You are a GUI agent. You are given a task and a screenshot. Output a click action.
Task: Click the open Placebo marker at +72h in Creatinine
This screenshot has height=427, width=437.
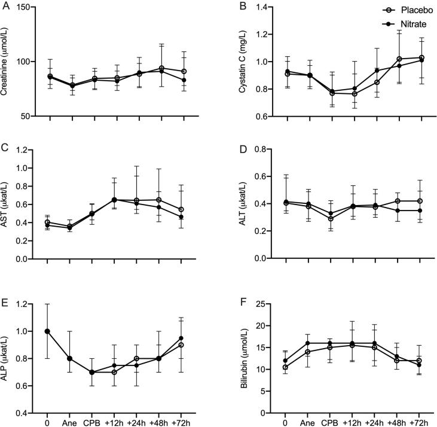tap(184, 71)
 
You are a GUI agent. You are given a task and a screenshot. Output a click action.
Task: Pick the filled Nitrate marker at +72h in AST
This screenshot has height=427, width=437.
tap(184, 217)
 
